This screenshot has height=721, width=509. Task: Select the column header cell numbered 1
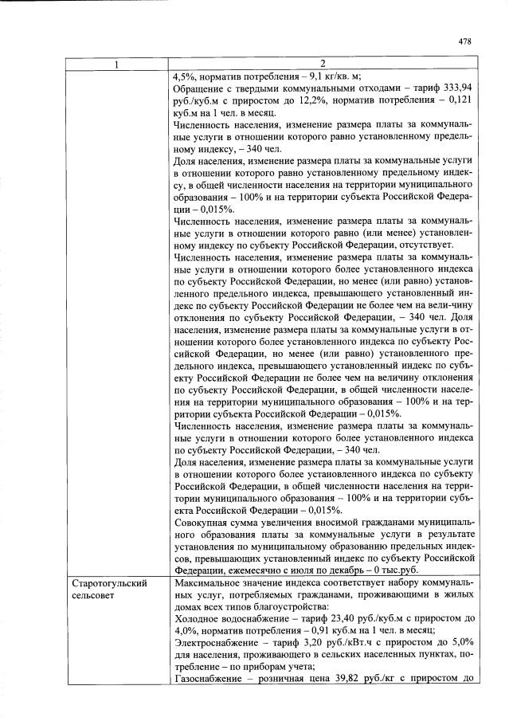coord(118,63)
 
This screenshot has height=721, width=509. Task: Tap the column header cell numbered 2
coord(323,63)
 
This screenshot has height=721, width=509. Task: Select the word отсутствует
coord(424,243)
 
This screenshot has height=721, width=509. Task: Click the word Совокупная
coord(203,522)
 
